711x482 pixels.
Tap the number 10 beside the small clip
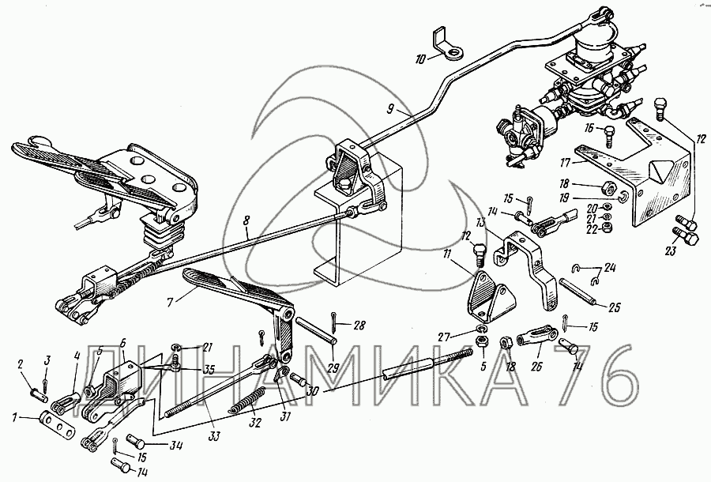420,58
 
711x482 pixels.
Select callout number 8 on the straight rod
246,235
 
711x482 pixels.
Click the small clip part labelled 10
449,47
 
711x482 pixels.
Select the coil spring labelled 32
246,405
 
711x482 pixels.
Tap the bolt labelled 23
686,234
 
